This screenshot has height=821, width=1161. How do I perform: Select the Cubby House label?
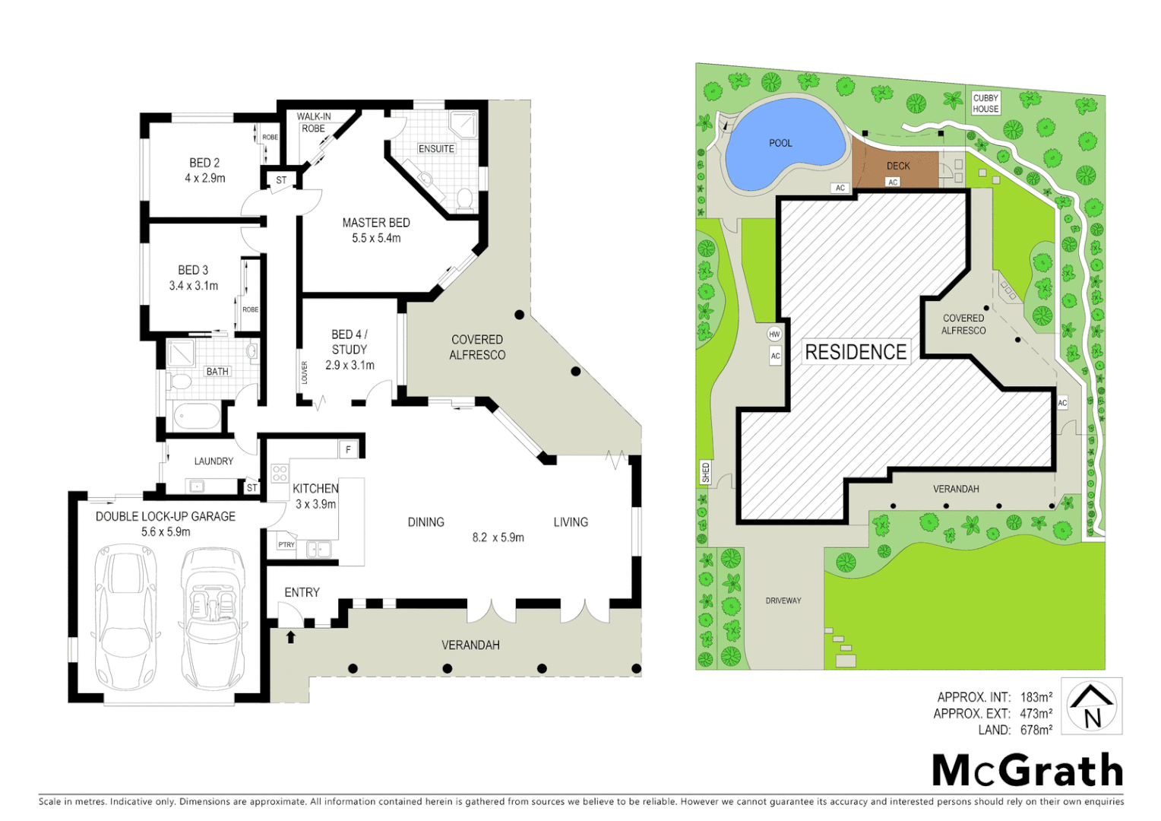[x=985, y=103]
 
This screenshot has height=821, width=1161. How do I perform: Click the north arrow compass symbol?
[x=1091, y=706]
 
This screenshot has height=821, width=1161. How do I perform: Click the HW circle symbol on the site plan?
[x=774, y=334]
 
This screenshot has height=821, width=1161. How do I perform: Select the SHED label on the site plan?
[x=706, y=472]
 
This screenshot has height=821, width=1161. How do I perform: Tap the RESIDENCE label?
[x=856, y=352]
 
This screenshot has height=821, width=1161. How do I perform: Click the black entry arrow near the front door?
[x=290, y=636]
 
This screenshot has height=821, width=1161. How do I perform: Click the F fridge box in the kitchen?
[x=349, y=449]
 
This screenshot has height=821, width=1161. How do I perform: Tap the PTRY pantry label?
[x=286, y=544]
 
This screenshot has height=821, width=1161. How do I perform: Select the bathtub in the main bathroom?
[x=197, y=417]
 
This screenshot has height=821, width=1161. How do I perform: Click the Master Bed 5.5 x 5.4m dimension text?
[x=376, y=238]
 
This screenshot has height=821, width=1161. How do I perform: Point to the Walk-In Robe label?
[x=314, y=122]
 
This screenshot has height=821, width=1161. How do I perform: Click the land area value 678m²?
[x=1036, y=730]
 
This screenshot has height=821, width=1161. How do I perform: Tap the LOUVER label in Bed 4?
[x=305, y=372]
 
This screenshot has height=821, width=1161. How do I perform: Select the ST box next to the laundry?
[x=251, y=488]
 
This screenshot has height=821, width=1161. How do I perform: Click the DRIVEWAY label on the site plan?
[x=783, y=601]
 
